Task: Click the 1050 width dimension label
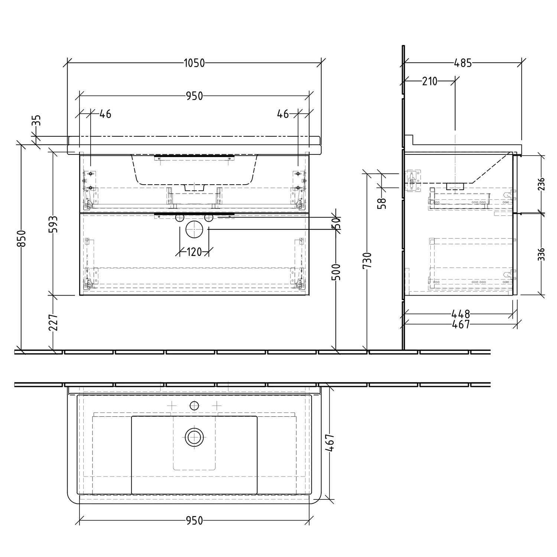[194, 63]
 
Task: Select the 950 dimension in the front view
[194, 96]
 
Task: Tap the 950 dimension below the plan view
[194, 521]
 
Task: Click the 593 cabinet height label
[54, 224]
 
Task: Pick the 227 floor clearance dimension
[54, 322]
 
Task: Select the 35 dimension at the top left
[36, 121]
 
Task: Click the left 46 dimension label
[105, 114]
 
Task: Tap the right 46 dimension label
[283, 114]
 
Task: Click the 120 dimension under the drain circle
[194, 252]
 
